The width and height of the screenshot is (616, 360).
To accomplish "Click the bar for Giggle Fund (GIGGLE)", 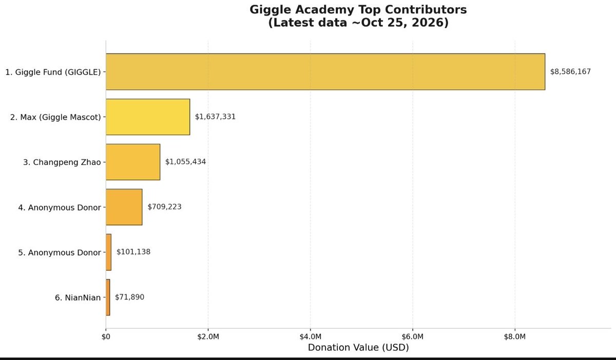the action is point(325,71).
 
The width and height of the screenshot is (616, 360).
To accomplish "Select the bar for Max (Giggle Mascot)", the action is point(148,117).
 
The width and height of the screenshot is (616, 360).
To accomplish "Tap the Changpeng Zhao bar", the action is point(133,162).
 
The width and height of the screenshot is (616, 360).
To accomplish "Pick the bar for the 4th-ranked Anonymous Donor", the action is point(124,207).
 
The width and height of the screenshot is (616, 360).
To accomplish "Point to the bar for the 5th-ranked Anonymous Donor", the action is point(109,252).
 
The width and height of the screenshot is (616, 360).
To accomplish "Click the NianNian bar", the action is point(108,297).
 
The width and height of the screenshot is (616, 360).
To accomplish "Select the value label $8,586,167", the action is point(570,72).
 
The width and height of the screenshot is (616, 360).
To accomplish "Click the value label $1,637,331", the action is point(215,117).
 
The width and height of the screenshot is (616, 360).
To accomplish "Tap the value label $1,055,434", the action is point(185,162).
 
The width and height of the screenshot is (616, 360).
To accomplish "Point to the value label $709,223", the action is point(164,207).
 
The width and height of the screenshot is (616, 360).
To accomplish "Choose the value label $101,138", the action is point(133,252).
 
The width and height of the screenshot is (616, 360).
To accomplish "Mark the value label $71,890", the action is point(129,297).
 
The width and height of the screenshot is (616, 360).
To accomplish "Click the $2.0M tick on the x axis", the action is point(208,336).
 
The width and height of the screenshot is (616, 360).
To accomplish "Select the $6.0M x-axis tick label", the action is point(413,336).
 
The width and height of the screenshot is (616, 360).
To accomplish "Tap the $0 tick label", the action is point(106,336).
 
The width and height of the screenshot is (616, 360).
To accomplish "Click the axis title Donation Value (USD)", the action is point(358,348).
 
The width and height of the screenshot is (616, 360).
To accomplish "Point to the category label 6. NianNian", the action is point(78,297).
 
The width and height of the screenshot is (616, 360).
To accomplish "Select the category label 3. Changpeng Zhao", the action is point(62,162).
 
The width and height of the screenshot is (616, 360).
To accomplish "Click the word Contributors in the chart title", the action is point(426,10).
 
